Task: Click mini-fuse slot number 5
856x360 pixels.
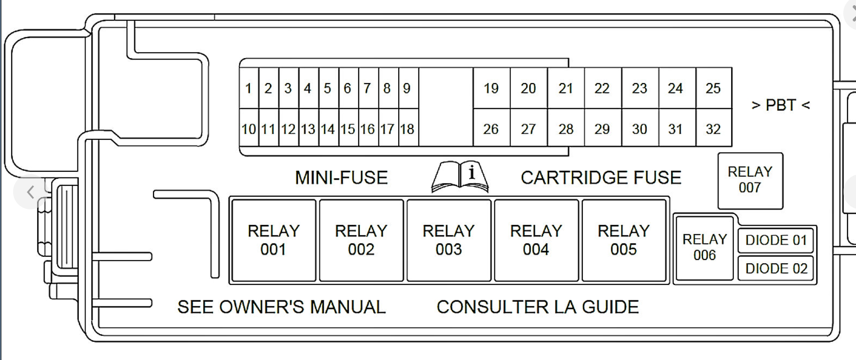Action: pos(327,88)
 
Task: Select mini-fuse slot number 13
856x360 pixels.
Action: pos(308,129)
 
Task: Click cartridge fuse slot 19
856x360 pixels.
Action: pos(491,88)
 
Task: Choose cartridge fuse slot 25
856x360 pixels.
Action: pos(713,88)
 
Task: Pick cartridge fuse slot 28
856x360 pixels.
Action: pos(566,129)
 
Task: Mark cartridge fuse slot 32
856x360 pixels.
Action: pos(713,129)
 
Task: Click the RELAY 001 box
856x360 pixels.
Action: pos(274,240)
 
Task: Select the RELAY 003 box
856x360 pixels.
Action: pos(448,240)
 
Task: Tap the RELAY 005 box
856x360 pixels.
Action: pos(624,240)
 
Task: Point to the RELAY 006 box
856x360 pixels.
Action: pos(704,247)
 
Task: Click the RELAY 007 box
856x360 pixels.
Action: pos(750,180)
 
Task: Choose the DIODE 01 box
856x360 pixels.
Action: pos(776,240)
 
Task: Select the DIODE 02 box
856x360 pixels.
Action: pos(776,268)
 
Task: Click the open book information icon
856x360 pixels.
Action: pos(460,177)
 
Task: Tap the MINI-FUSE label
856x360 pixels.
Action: pos(341,178)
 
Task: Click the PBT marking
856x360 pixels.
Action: pos(781,105)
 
